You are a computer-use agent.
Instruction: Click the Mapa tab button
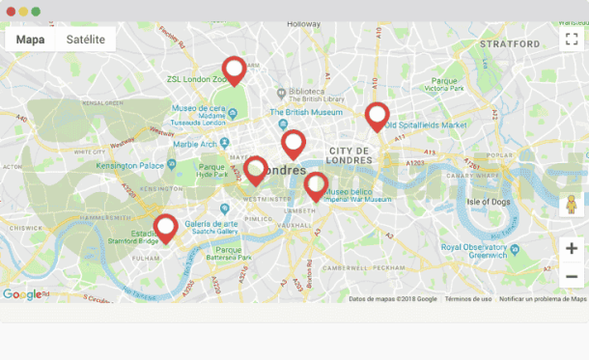click(30, 40)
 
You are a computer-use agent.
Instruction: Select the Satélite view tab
click(85, 40)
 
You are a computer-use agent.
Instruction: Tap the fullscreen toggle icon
click(571, 40)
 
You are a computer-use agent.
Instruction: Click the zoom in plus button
click(571, 249)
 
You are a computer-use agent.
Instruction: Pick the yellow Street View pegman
click(571, 205)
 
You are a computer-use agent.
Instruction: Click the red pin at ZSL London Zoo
click(234, 70)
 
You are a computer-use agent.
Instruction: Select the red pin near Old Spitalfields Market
click(377, 116)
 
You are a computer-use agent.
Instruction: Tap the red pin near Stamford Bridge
click(166, 228)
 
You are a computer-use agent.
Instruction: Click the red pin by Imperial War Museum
click(316, 184)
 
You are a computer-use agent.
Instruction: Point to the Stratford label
click(509, 44)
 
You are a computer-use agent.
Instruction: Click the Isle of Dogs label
click(489, 201)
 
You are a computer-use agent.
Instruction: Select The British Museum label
click(306, 112)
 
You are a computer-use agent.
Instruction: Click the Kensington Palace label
click(130, 165)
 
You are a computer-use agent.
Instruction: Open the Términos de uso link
click(468, 299)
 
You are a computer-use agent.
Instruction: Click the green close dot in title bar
click(36, 11)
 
